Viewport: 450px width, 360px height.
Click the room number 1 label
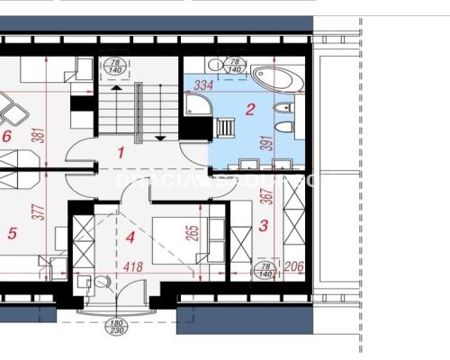pyautogui.click(x=121, y=153)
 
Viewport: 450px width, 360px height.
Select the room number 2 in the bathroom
pyautogui.click(x=251, y=110)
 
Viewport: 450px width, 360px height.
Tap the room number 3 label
pyautogui.click(x=263, y=227)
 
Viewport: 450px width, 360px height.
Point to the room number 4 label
pyautogui.click(x=130, y=238)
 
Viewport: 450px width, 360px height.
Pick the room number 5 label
pyautogui.click(x=12, y=234)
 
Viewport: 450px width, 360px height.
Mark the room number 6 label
pyautogui.click(x=6, y=137)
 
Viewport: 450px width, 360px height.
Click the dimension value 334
pyautogui.click(x=203, y=85)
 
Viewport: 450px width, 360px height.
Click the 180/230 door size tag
pyautogui.click(x=115, y=326)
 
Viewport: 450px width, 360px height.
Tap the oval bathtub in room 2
pyautogui.click(x=272, y=78)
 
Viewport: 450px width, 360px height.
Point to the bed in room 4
pyautogui.click(x=184, y=236)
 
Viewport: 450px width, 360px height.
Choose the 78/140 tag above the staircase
pyautogui.click(x=115, y=65)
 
